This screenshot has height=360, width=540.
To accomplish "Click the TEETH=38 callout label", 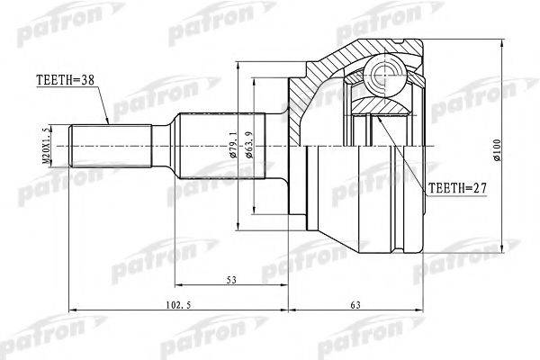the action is coord(65,80).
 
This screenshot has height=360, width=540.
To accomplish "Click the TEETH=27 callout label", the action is coord(457,188).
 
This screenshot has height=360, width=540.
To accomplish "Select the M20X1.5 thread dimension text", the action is coord(46,146).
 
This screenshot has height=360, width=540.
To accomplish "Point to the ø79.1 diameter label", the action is coord(234,144).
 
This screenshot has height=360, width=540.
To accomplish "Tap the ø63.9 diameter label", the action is coord(249,145).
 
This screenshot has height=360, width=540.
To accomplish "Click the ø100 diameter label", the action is coord(497,150).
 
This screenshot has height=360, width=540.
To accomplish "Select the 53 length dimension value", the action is coord(232,280).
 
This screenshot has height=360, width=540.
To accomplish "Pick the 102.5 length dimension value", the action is coord(178,305).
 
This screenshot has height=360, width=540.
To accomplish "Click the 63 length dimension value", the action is coord(355,305).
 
